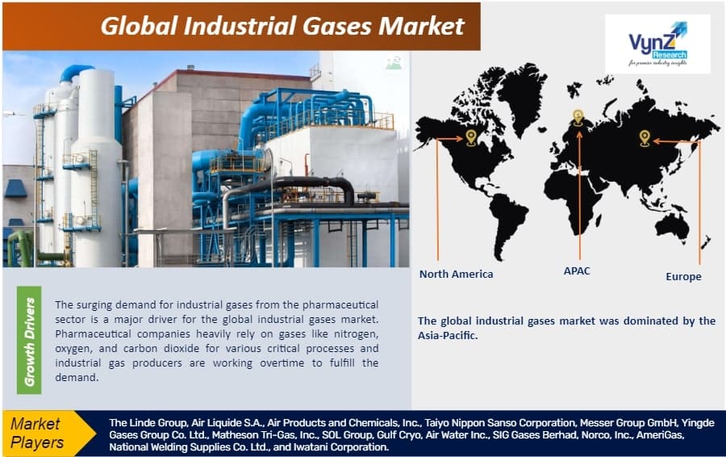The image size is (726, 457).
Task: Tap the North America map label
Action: [456, 274]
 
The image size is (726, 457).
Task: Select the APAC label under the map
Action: [577, 270]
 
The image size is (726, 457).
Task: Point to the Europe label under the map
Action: [683, 276]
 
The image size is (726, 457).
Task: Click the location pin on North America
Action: [471, 138]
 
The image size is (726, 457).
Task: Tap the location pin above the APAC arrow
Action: [578, 117]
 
